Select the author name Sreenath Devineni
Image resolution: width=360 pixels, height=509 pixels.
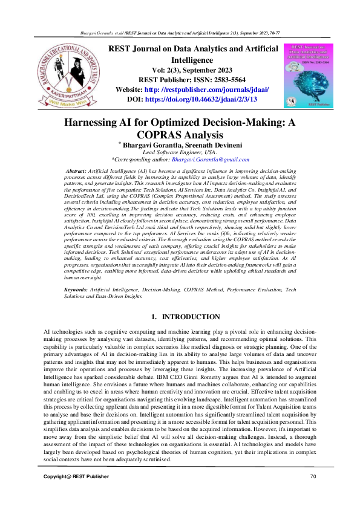pos(205,145)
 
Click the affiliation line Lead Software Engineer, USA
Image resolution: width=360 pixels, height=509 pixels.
pos(179,152)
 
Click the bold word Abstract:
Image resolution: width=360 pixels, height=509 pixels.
pos(76,172)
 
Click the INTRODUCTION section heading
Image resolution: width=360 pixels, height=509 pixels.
pos(186,317)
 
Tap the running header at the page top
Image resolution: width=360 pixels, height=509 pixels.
pos(180,31)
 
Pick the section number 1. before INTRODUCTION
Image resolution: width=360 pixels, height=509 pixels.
pos(155,317)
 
